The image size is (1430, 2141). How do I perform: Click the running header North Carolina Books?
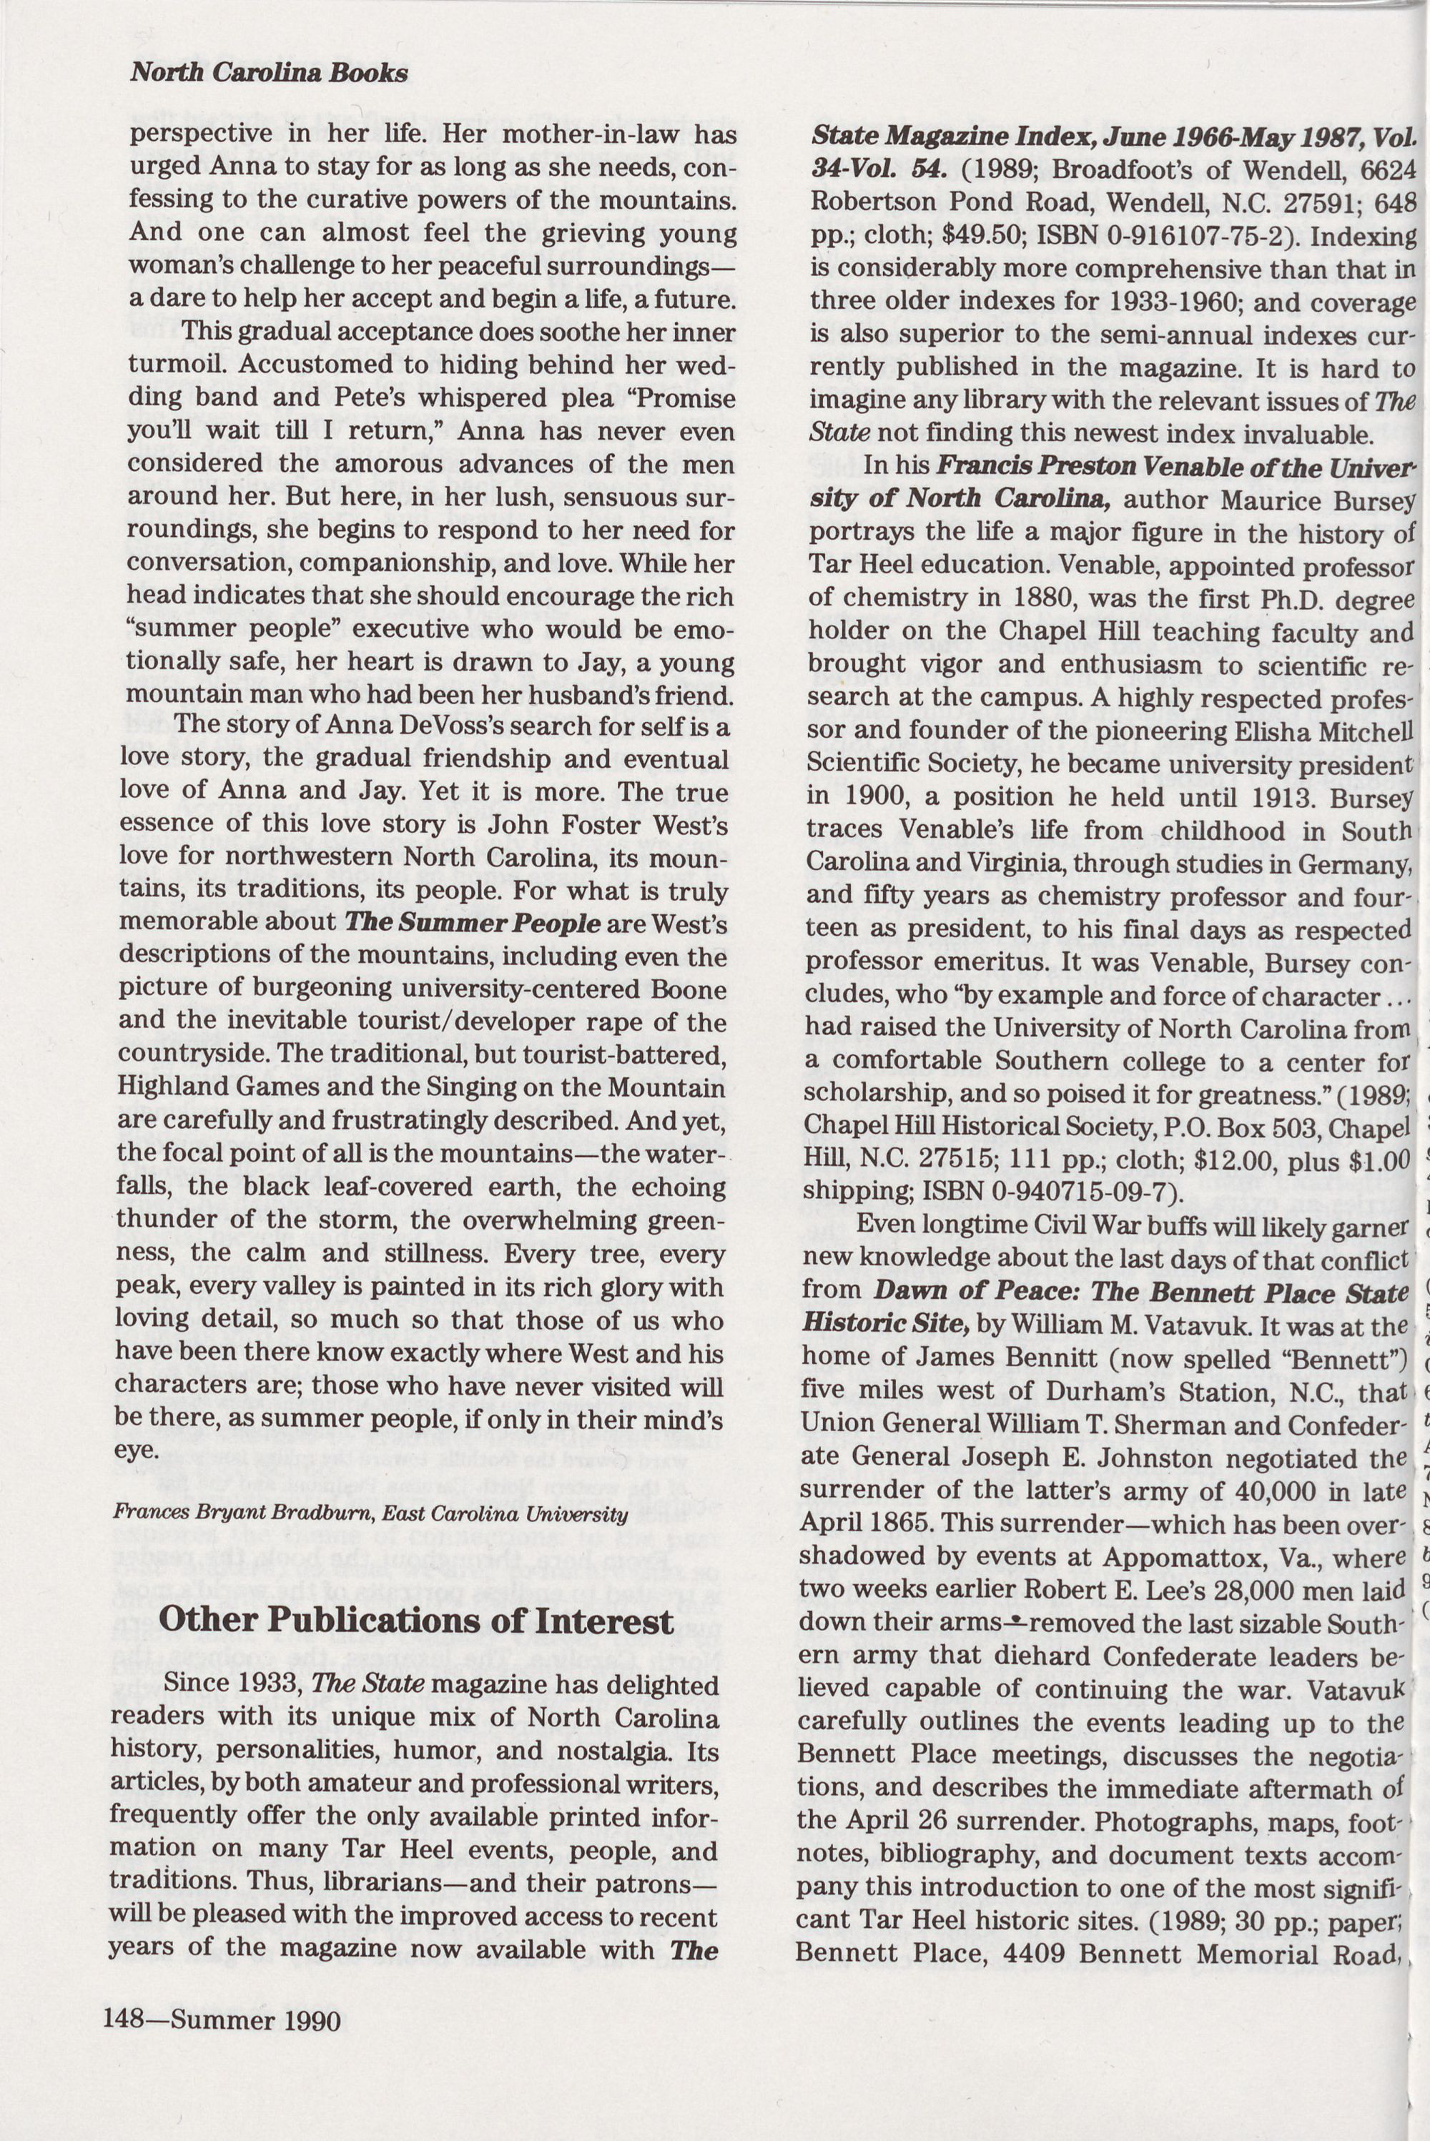click(268, 73)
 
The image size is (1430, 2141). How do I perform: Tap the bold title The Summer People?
click(473, 923)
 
